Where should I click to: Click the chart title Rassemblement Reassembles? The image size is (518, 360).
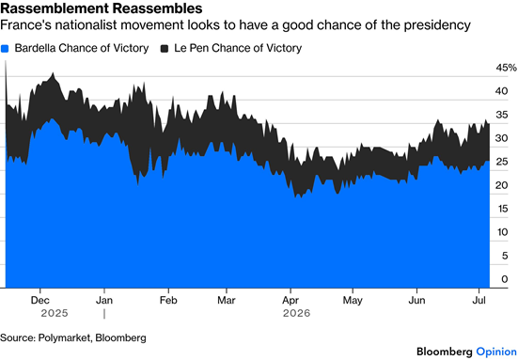pyautogui.click(x=102, y=8)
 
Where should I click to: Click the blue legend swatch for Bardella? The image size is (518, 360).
pyautogui.click(x=5, y=49)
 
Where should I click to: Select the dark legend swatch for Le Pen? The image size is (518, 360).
pyautogui.click(x=165, y=49)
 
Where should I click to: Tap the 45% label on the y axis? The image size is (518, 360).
pyautogui.click(x=506, y=68)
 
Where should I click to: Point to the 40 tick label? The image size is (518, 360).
pyautogui.click(x=501, y=91)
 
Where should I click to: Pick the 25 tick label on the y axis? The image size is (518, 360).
pyautogui.click(x=501, y=162)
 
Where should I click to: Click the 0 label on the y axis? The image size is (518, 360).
pyautogui.click(x=505, y=279)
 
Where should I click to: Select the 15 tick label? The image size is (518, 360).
pyautogui.click(x=501, y=209)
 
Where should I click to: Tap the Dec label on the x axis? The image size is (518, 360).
pyautogui.click(x=40, y=300)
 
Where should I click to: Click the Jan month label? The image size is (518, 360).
pyautogui.click(x=104, y=300)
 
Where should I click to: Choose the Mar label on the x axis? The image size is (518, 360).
pyautogui.click(x=227, y=300)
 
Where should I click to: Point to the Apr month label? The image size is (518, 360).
pyautogui.click(x=290, y=301)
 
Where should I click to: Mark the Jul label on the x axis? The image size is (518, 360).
pyautogui.click(x=479, y=300)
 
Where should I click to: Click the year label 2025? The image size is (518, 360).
pyautogui.click(x=55, y=313)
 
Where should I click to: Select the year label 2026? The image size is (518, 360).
pyautogui.click(x=297, y=313)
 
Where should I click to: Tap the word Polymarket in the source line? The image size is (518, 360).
pyautogui.click(x=64, y=337)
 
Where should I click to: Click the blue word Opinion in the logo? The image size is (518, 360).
pyautogui.click(x=496, y=352)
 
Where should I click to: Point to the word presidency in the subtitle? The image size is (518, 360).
pyautogui.click(x=437, y=25)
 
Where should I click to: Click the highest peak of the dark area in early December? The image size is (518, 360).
pyautogui.click(x=54, y=72)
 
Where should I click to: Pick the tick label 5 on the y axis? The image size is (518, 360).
pyautogui.click(x=505, y=256)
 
